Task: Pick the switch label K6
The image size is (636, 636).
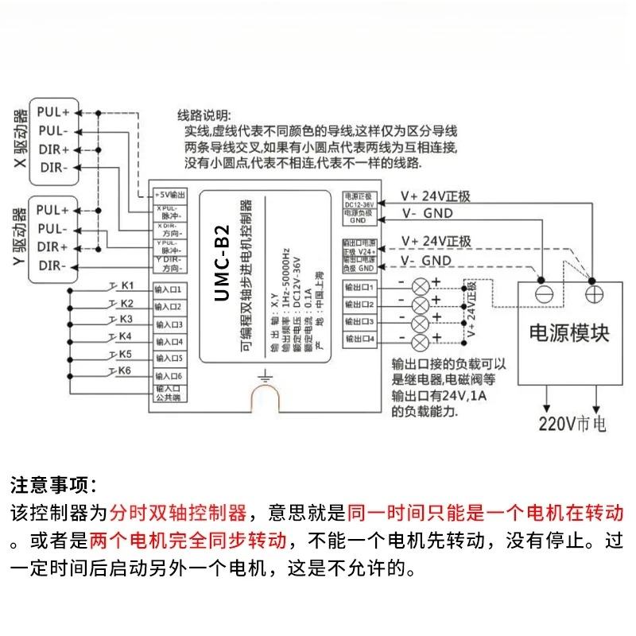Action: tap(124, 371)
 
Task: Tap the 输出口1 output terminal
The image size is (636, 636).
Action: tap(359, 286)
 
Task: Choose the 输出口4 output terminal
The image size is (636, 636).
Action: tap(359, 339)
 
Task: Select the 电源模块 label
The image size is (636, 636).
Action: tap(569, 332)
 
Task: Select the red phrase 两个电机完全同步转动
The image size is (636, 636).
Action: tap(188, 541)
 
